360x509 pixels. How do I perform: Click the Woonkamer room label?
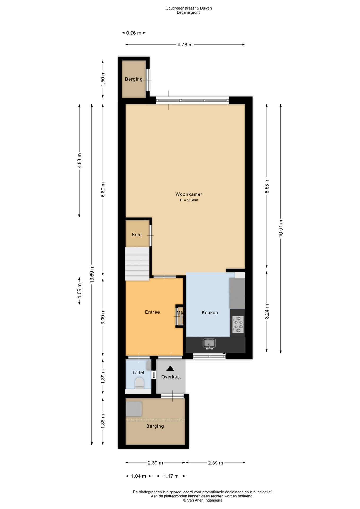pos(189,194)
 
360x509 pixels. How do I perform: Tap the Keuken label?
pos(210,313)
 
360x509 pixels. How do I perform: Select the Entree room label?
pos(152,312)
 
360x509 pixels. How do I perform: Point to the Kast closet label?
pos(137,235)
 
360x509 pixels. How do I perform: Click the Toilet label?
pos(138,372)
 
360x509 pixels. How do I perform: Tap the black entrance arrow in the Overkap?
pos(170,368)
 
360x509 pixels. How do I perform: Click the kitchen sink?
pos(209,344)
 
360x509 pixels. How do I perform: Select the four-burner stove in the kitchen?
pos(238,324)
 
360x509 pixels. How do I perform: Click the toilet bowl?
pos(139,383)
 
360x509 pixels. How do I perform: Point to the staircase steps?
pos(137,264)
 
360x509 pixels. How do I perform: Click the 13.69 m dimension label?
pos(92,274)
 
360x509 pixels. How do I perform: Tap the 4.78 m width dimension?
pos(185,45)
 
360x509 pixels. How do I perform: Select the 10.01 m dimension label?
pos(281,228)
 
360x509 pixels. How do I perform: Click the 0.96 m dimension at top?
pos(134,33)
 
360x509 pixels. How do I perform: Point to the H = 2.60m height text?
pos(189,200)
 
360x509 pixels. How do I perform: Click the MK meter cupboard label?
pos(180,313)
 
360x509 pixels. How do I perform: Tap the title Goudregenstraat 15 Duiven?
pos(188,8)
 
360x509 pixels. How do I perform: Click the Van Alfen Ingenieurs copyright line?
pos(203,500)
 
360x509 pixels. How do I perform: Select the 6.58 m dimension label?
pos(267,186)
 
